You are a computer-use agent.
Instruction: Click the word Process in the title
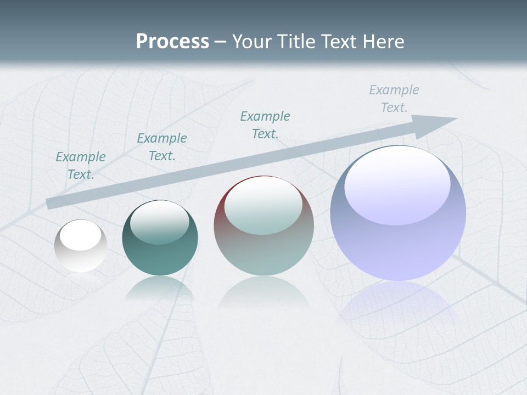pos(172,42)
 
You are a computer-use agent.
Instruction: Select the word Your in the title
pos(251,42)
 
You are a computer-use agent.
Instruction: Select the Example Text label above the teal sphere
pos(162,147)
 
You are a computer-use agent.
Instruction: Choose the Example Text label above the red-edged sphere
pos(265,125)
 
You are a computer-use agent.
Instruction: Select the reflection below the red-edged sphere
pos(263,294)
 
